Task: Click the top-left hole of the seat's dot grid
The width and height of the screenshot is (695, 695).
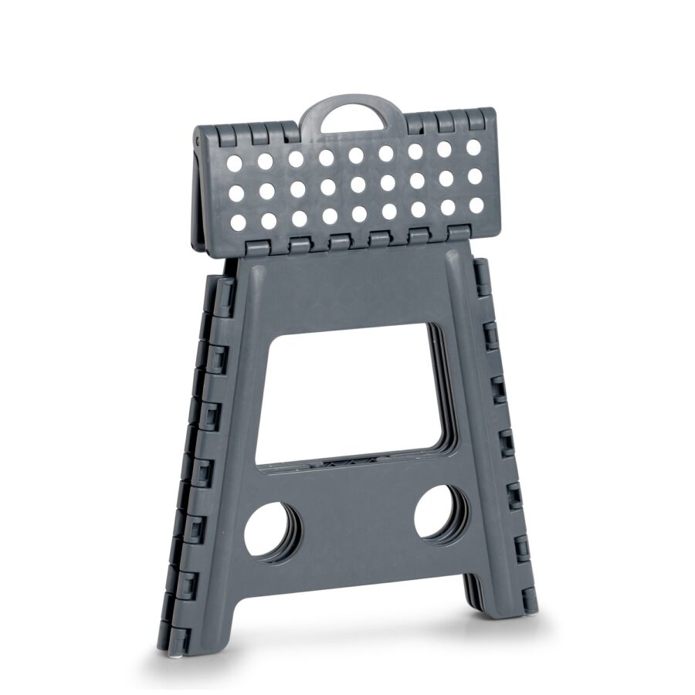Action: pos(234,163)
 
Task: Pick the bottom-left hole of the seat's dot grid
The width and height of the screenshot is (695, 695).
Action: pos(239,222)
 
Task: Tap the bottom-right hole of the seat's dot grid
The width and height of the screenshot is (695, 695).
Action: pos(476,205)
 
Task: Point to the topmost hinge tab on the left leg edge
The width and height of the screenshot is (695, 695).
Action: pos(223,294)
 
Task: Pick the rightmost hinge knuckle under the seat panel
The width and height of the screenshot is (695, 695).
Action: pos(459,232)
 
